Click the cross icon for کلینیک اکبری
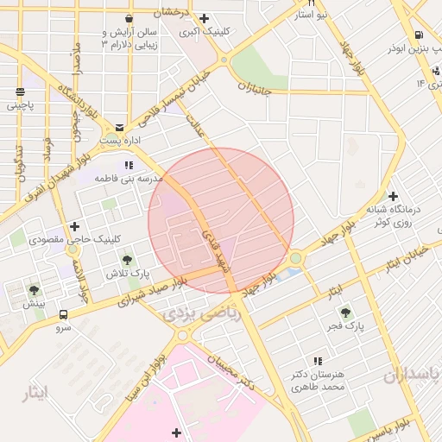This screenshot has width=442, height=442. click(x=204, y=18)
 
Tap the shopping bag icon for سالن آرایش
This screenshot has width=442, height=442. click(x=129, y=18)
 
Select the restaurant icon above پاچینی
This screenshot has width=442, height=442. click(x=19, y=91)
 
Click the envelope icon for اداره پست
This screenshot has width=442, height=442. click(x=119, y=126)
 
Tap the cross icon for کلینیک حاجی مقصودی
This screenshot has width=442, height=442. click(x=74, y=226)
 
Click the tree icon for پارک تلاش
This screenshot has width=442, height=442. click(x=128, y=259)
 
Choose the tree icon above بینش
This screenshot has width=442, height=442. click(x=34, y=291)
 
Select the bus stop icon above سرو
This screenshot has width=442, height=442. click(x=64, y=314)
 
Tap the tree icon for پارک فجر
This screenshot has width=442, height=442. click(x=346, y=313)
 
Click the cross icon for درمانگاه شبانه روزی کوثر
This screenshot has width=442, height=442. click(x=394, y=196)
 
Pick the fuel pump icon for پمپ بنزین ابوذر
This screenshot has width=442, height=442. click(x=419, y=35)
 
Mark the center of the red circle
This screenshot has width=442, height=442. click(x=221, y=221)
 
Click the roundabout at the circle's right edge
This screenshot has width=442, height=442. click(x=296, y=257)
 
